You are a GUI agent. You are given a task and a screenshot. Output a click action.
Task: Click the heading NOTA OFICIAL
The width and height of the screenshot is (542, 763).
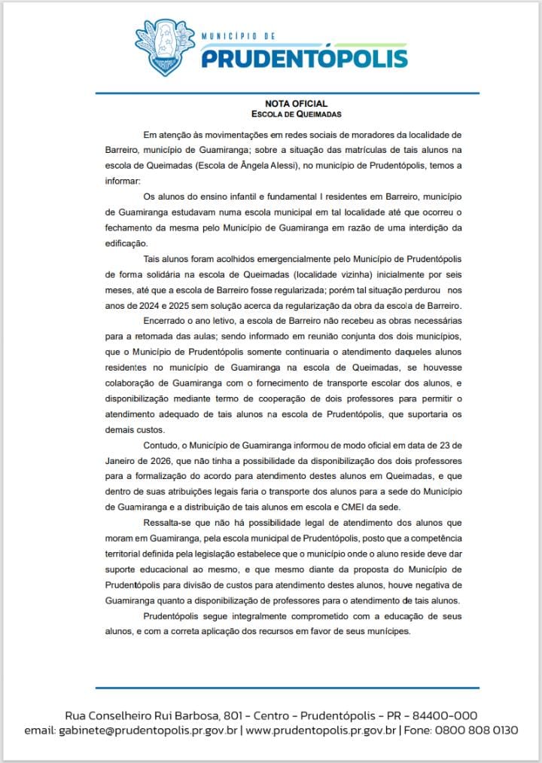(297, 103)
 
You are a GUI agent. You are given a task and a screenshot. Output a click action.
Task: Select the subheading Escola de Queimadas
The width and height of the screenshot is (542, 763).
(297, 114)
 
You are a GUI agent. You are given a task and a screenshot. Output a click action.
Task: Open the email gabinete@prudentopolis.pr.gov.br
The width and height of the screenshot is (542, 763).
(148, 731)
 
